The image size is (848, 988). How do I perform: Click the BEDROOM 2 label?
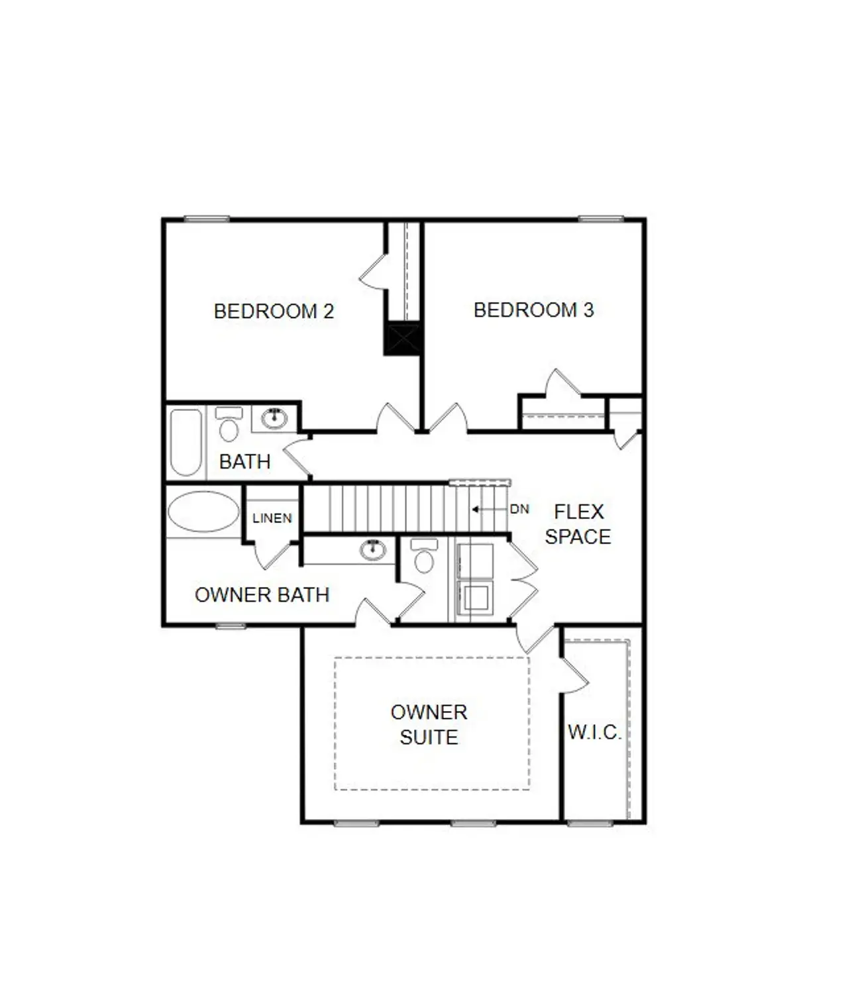tap(274, 311)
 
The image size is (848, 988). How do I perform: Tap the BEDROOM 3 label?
tap(533, 309)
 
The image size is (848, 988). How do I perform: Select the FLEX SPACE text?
tap(578, 523)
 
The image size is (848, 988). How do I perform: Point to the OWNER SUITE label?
tap(429, 724)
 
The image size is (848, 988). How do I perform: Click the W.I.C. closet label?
tap(594, 732)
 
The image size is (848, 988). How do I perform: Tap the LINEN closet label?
tap(272, 518)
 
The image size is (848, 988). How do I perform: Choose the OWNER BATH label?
tap(262, 594)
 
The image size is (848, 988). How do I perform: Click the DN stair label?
tap(519, 509)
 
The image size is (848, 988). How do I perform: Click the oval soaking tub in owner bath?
tap(203, 512)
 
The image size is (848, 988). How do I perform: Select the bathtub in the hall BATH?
tap(185, 442)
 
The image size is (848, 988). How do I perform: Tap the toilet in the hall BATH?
tap(229, 425)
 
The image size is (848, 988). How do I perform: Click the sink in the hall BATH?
tap(274, 417)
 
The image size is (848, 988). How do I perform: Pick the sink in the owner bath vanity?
tap(372, 549)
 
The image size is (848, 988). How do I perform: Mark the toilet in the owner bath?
tap(424, 557)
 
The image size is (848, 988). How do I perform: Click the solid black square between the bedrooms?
tap(403, 338)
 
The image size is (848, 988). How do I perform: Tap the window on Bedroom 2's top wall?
tap(207, 219)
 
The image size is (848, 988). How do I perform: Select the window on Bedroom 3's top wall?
tap(601, 219)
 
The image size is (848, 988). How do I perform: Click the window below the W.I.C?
tap(590, 823)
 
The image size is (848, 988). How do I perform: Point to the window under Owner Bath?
tap(231, 626)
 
